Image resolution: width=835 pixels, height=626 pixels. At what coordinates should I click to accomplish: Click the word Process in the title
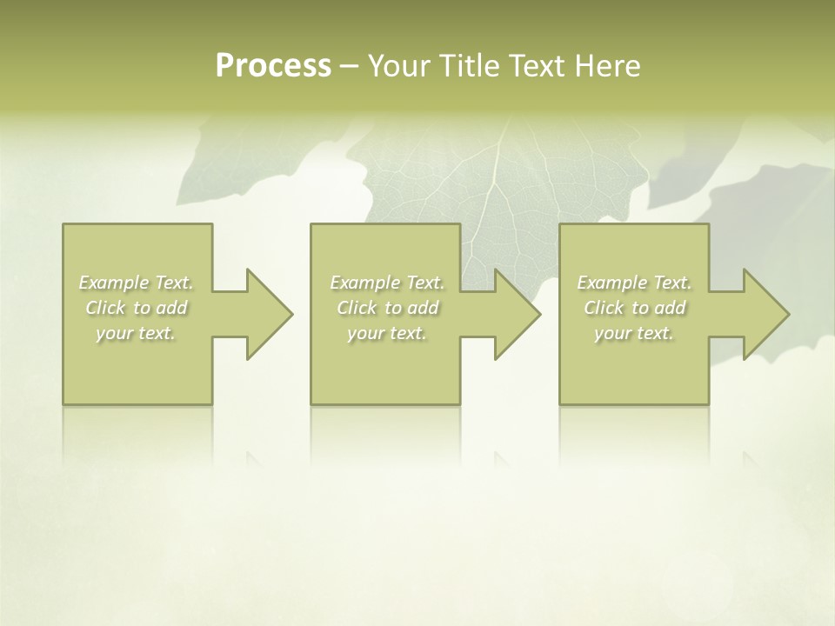(272, 66)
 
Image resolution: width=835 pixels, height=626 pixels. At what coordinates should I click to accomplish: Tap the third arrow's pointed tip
(788, 314)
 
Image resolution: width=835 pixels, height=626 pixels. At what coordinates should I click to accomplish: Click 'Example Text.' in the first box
(137, 283)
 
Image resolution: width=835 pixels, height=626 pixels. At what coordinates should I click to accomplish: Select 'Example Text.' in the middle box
(387, 283)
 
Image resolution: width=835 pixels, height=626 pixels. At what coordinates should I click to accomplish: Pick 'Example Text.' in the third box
(634, 283)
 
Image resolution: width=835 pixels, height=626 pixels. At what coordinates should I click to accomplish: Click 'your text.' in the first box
(136, 333)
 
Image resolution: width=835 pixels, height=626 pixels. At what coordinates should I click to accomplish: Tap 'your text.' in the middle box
(387, 333)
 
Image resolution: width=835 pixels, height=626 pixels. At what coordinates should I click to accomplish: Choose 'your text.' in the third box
(634, 333)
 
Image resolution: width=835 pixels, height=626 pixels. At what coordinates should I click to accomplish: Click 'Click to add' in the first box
(137, 308)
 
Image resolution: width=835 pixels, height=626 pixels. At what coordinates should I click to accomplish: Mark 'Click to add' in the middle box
(387, 308)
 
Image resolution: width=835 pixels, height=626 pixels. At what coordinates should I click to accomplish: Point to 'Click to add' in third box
(634, 308)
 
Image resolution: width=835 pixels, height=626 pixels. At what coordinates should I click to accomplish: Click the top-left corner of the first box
(63, 225)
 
